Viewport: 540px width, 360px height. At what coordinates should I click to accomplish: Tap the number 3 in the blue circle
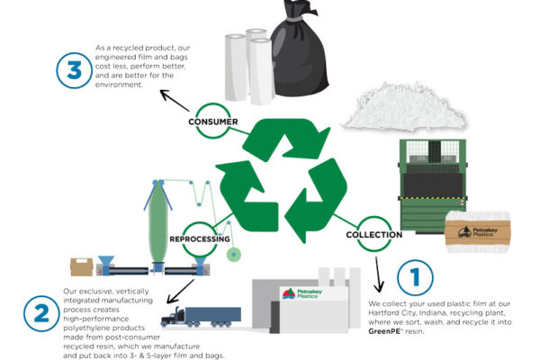74,71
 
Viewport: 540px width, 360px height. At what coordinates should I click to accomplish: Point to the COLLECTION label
372,236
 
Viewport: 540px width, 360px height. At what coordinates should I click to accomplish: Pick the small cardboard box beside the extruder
82,266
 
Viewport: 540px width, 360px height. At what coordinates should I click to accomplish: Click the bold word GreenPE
390,332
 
